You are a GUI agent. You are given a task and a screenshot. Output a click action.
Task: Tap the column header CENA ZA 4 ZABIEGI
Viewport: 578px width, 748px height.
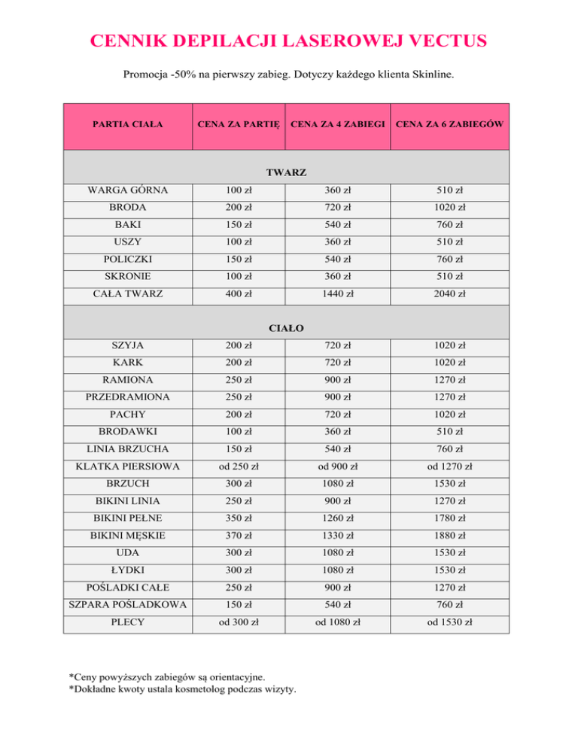(x=338, y=123)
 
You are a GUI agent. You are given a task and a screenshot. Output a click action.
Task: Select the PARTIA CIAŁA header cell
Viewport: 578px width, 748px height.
(x=127, y=123)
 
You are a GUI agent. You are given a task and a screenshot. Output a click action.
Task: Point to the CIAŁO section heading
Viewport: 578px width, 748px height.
(x=289, y=327)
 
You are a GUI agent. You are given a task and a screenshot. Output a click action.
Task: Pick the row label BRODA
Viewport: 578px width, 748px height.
(x=127, y=206)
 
